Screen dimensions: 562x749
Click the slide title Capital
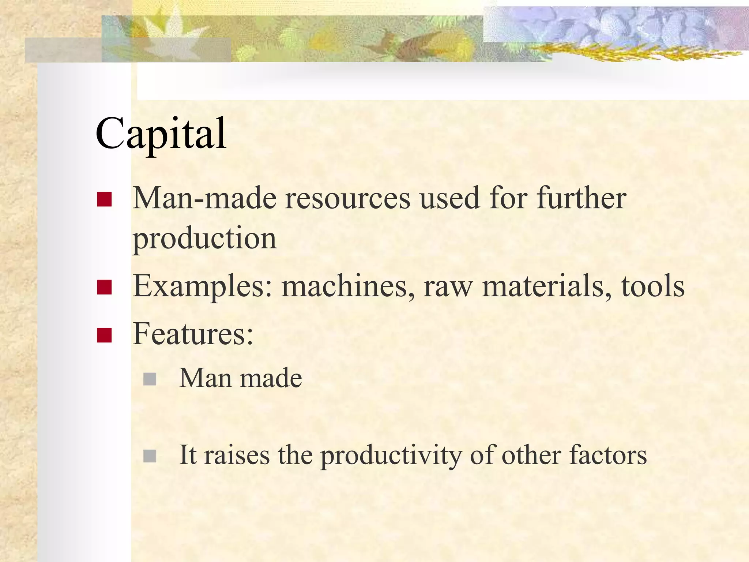coord(161,134)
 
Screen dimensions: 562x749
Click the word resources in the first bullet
coord(347,199)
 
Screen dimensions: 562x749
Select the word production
coord(204,239)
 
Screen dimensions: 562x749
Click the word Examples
coord(202,286)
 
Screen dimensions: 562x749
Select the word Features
coord(193,334)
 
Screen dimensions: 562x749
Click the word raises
coord(237,456)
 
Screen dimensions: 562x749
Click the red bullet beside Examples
coord(104,287)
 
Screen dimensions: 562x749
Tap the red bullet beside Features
coord(104,335)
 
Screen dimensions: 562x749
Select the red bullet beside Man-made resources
coord(104,199)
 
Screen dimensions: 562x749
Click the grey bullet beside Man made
coord(150,379)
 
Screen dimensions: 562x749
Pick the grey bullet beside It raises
coord(150,456)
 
